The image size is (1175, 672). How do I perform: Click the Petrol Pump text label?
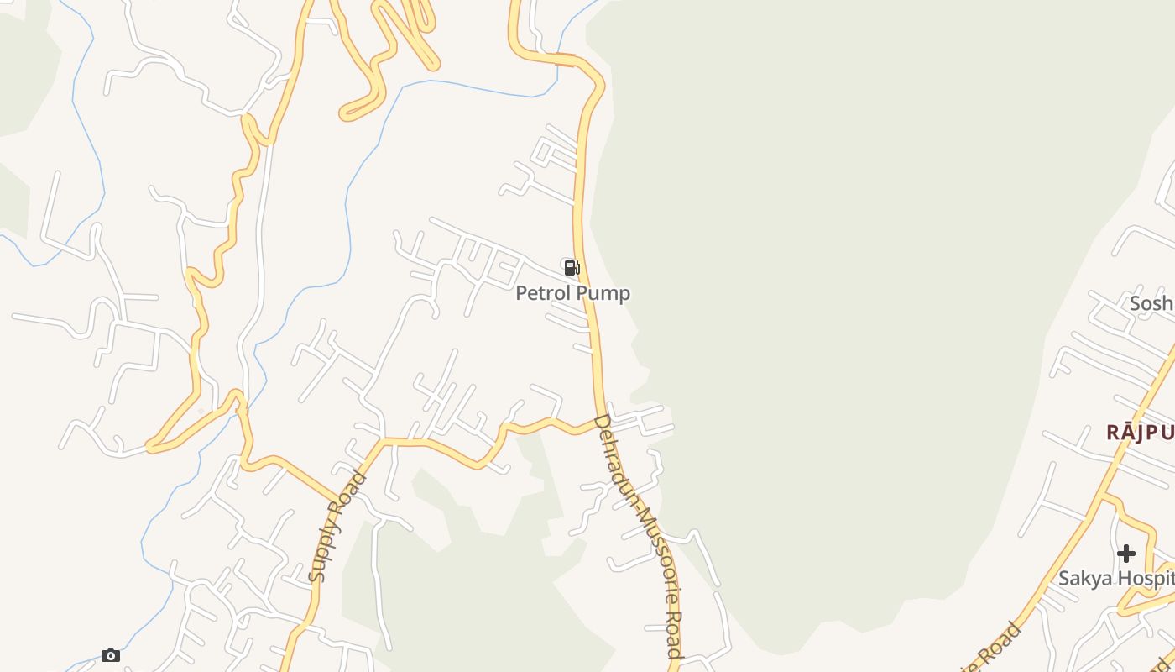tap(572, 293)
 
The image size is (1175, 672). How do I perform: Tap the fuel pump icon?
tap(572, 268)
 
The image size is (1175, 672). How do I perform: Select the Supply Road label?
tap(337, 527)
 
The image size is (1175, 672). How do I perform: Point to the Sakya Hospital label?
tap(1115, 578)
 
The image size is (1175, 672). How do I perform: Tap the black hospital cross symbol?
tap(1126, 554)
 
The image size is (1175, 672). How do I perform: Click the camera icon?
tap(111, 655)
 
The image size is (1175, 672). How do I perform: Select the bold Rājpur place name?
tap(1140, 433)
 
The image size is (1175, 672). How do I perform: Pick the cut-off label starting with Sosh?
tap(1151, 303)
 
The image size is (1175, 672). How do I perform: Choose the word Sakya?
tap(1084, 578)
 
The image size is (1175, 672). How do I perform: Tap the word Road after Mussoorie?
tap(673, 633)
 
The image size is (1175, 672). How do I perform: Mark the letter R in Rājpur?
tap(1114, 433)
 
